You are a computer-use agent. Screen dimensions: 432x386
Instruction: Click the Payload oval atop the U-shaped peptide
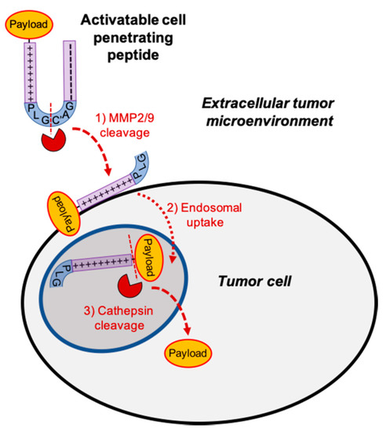(30, 25)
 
